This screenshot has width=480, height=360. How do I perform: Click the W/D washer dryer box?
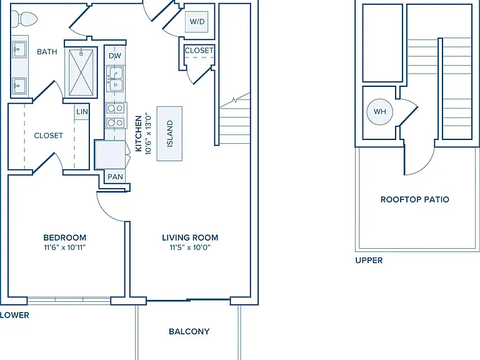coord(197,21)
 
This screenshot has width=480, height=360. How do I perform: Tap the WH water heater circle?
coord(379,112)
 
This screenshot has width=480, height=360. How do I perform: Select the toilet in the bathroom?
coord(24,19)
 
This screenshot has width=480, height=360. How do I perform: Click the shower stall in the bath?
coord(81,72)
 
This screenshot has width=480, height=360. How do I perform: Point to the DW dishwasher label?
coord(115,56)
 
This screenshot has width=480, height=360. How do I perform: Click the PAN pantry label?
coord(115,177)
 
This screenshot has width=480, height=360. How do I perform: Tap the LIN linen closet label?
coord(82,112)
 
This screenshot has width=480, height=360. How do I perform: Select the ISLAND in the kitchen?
coord(169,134)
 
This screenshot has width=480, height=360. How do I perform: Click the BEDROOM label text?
coord(64,237)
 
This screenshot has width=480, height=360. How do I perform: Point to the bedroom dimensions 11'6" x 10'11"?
coord(64,247)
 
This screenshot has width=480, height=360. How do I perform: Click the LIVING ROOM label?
coord(190,237)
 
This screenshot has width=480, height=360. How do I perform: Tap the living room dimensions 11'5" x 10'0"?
coord(190,247)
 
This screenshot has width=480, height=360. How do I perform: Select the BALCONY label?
coord(189,331)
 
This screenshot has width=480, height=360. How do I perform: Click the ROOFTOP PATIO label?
coord(415,199)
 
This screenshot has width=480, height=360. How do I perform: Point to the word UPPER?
coord(369,261)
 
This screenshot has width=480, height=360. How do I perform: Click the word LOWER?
coord(14,315)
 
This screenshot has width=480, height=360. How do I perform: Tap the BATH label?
coord(47,52)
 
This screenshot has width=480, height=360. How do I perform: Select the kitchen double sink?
coord(115,79)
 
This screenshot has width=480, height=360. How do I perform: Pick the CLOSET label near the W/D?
coord(199,50)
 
